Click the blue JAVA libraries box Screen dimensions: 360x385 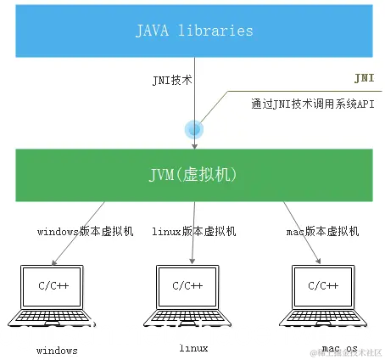coord(194,31)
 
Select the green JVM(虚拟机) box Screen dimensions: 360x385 coord(194,175)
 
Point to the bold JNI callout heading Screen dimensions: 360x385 coord(363,77)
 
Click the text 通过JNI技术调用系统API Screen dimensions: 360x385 coord(311,104)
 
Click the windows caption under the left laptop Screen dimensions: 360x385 coord(58,350)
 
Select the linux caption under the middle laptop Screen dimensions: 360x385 coord(193,348)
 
